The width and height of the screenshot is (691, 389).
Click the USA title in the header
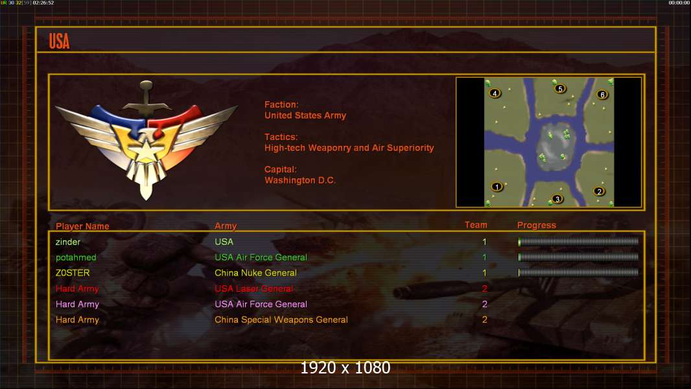pyautogui.click(x=59, y=41)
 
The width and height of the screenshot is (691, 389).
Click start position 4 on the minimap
pyautogui.click(x=495, y=93)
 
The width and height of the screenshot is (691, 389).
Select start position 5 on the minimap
pyautogui.click(x=560, y=88)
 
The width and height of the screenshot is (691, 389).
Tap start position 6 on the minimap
pyautogui.click(x=602, y=95)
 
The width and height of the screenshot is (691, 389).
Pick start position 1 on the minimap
pyautogui.click(x=497, y=187)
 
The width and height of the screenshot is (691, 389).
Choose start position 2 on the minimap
pyautogui.click(x=599, y=191)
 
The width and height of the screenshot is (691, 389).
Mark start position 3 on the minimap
pyautogui.click(x=557, y=199)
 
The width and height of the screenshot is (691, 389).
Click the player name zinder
pyautogui.click(x=68, y=242)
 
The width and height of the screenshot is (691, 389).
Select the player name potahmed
pyautogui.click(x=76, y=257)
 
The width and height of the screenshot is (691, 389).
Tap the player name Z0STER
pyautogui.click(x=73, y=273)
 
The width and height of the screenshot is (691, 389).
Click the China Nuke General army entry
pyautogui.click(x=255, y=273)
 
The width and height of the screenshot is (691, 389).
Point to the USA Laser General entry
pyautogui.click(x=253, y=289)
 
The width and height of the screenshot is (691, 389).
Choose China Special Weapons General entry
pyautogui.click(x=281, y=320)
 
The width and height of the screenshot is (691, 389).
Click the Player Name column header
pyautogui.click(x=82, y=226)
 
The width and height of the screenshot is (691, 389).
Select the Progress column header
pyautogui.click(x=536, y=226)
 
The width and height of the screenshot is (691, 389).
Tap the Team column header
pyautogui.click(x=476, y=225)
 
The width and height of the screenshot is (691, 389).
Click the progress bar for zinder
pyautogui.click(x=578, y=242)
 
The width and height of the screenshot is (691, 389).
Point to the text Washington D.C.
pyautogui.click(x=299, y=180)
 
